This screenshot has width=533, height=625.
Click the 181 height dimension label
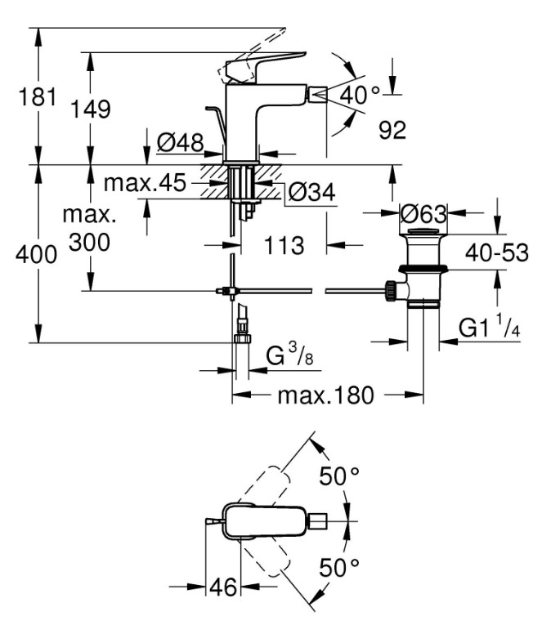(38, 97)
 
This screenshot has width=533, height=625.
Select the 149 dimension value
(90, 109)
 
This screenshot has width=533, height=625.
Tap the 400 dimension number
(36, 254)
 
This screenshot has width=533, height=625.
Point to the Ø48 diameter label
(180, 142)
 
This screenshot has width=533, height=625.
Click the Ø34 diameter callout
(312, 192)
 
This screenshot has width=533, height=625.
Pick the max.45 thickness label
(145, 183)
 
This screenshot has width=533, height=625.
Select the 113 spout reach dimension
(284, 245)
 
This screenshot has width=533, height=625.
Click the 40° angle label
(360, 95)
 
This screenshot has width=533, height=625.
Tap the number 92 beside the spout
(392, 130)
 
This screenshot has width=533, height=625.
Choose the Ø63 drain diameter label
(423, 214)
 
